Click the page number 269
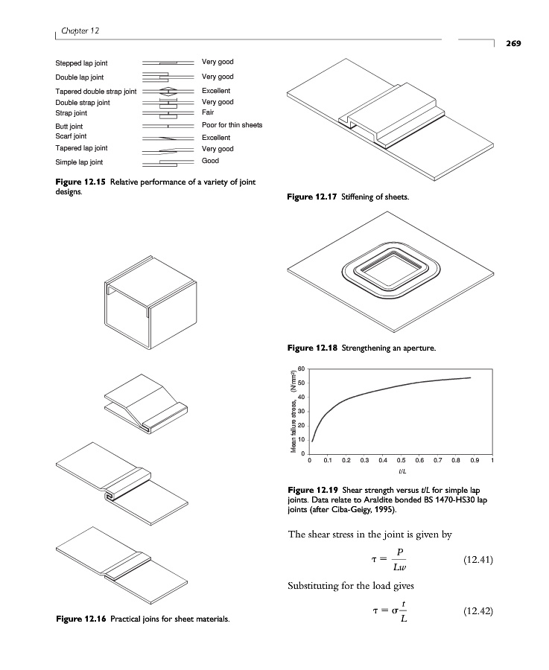[515, 43]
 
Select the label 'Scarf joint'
[71, 136]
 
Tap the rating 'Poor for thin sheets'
[232, 125]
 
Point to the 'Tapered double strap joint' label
[96, 91]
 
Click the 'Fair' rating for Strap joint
[208, 112]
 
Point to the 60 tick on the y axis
[301, 369]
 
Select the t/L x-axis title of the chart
[402, 472]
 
